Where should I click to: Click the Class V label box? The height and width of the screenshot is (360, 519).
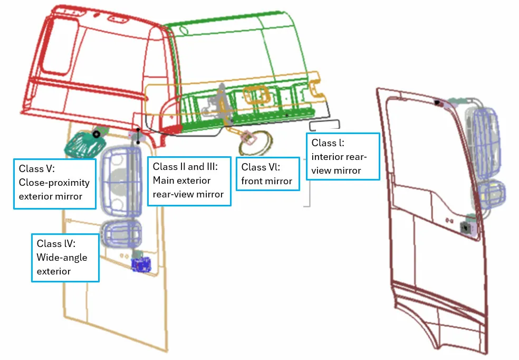[x=54, y=183]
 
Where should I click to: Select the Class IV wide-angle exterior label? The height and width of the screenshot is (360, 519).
[x=65, y=258]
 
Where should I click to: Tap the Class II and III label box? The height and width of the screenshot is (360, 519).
[x=188, y=181]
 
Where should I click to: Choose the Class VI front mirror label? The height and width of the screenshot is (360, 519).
[x=267, y=174]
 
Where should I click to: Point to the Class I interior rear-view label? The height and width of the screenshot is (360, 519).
[x=342, y=156]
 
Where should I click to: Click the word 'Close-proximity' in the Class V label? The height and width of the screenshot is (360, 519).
[x=54, y=183]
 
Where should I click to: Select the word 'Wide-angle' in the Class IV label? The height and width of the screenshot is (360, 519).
[x=62, y=258]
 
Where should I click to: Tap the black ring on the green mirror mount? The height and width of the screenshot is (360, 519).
[x=96, y=135]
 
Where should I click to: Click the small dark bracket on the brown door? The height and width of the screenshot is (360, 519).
[x=466, y=228]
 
